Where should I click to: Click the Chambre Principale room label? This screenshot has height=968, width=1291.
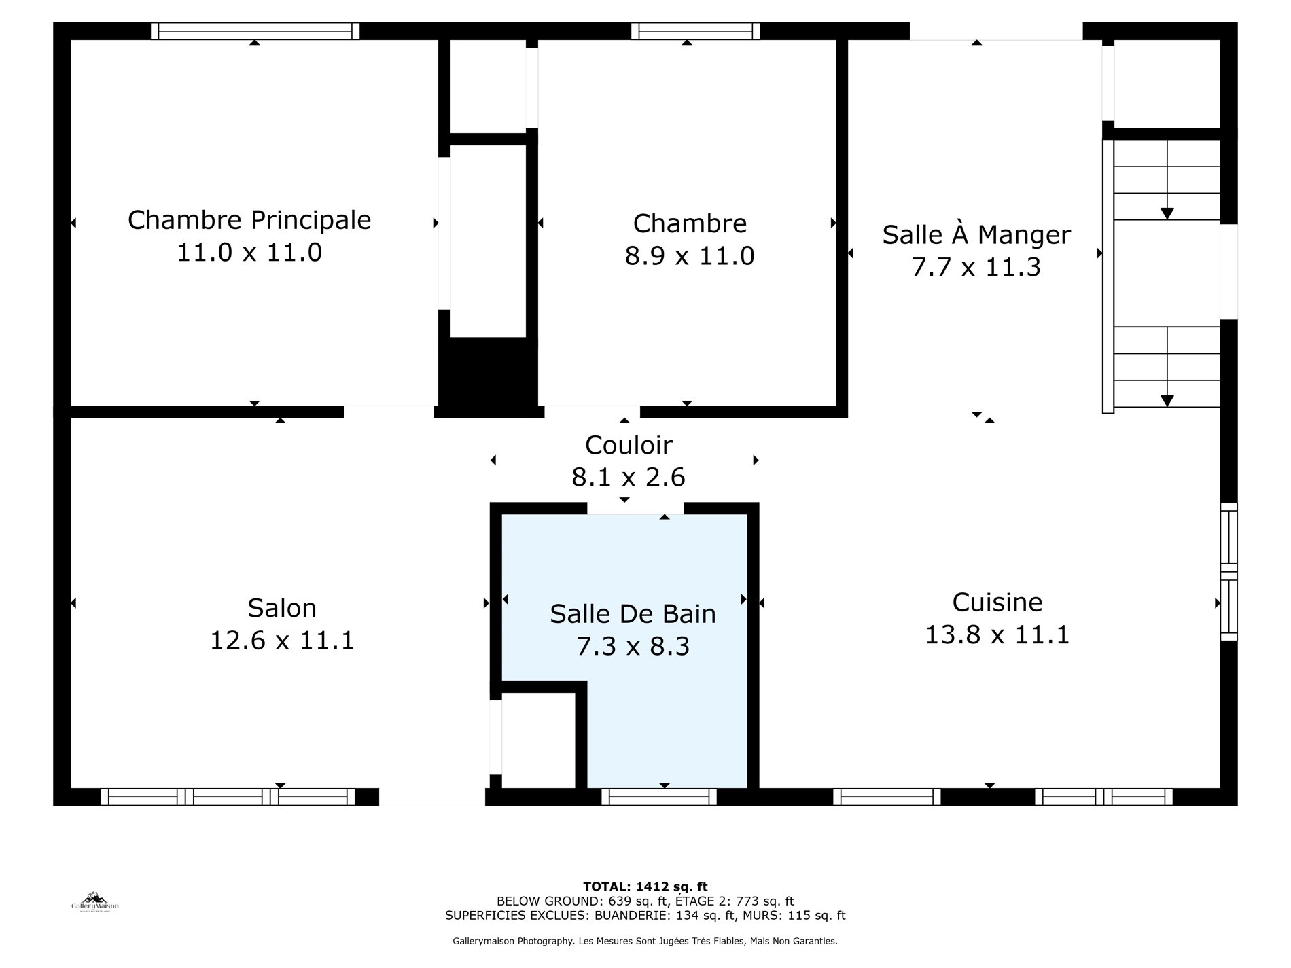coord(249,220)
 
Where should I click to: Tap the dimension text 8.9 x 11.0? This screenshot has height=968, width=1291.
coord(690,256)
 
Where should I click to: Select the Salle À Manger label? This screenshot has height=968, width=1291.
coord(976,234)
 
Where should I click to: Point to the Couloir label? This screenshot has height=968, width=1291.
coord(629,445)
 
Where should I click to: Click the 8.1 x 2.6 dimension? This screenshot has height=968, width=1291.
coord(629,478)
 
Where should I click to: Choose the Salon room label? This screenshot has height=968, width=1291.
coord(282,608)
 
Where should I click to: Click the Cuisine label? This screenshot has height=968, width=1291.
coord(997,603)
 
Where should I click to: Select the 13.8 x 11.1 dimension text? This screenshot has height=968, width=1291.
coord(997,635)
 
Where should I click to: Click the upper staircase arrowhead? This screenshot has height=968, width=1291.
coord(1167,213)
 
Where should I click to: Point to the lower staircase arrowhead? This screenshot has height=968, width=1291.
coord(1167,401)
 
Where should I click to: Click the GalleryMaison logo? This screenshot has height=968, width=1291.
coord(95,901)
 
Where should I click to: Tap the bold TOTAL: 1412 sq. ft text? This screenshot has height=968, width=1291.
coord(645,886)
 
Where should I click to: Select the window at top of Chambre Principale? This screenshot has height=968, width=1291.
coord(255,31)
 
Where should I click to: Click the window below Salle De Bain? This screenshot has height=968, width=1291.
coord(659,797)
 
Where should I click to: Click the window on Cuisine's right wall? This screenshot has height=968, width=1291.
coord(1228,571)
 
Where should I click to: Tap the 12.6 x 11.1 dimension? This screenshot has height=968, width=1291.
coord(282,641)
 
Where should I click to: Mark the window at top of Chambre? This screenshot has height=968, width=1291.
coord(696,31)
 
